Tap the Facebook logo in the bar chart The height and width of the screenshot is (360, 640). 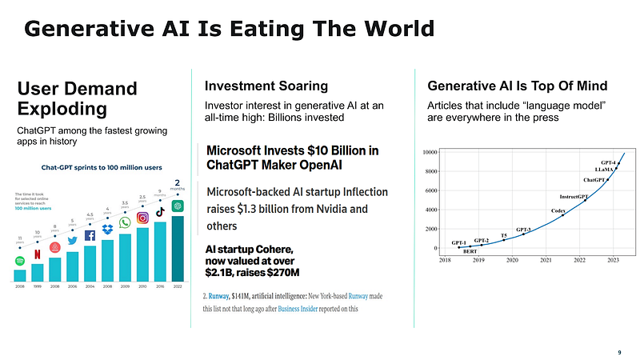coord(90,235)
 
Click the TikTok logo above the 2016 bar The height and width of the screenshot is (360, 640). coord(160,212)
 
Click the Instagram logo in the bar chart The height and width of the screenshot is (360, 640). coord(142,218)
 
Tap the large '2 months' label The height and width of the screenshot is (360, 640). coord(177,186)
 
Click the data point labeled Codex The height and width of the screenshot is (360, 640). coord(563,215)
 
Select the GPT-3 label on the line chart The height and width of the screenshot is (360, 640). coord(523,229)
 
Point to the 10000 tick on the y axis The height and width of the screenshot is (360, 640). coord(429,152)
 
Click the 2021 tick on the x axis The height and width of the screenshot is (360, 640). coord(546,261)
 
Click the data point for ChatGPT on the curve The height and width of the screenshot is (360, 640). coord(607,180)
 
